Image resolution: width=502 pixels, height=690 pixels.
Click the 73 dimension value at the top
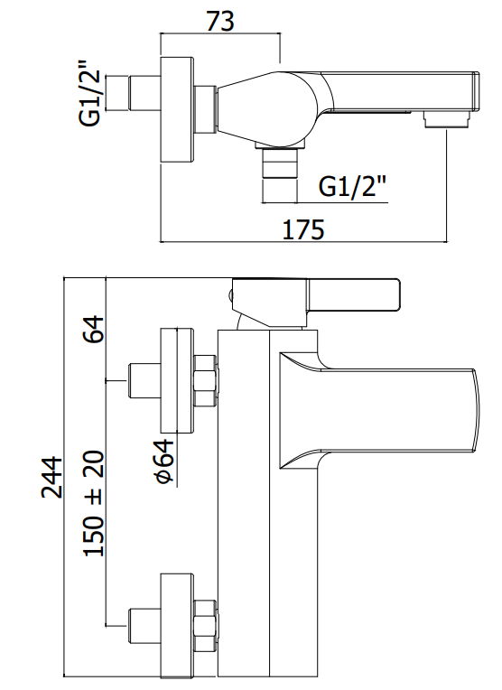tap(220, 21)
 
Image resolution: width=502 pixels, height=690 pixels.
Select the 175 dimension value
tap(303, 229)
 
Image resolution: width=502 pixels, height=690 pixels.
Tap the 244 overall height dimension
tap(52, 477)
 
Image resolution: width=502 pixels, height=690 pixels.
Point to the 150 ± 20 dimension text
tap(93, 503)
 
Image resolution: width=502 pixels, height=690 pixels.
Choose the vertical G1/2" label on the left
tap(90, 98)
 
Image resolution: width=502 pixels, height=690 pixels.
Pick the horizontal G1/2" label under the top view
tap(352, 187)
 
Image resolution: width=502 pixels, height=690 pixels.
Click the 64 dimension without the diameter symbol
tap(93, 328)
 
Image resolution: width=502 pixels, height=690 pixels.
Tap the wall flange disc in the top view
tap(177, 110)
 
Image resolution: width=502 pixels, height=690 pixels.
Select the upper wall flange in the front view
tap(177, 379)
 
